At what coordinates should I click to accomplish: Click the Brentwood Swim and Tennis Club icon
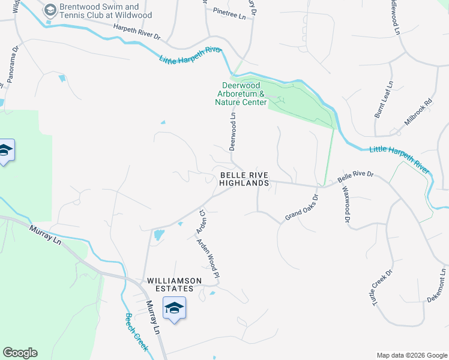point(50,10)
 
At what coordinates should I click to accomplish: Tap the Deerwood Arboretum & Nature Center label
point(240,94)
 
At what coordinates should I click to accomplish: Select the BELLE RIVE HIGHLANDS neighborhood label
point(243,179)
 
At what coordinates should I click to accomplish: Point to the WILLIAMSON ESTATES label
point(170,284)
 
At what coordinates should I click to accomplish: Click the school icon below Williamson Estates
point(174,308)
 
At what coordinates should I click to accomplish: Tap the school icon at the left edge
point(5,151)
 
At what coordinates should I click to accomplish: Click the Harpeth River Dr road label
point(137,32)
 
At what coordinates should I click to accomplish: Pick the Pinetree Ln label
point(225,13)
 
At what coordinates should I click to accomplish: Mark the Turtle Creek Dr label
point(382,288)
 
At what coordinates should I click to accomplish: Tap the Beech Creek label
point(136,331)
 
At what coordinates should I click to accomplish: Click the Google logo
point(20,353)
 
